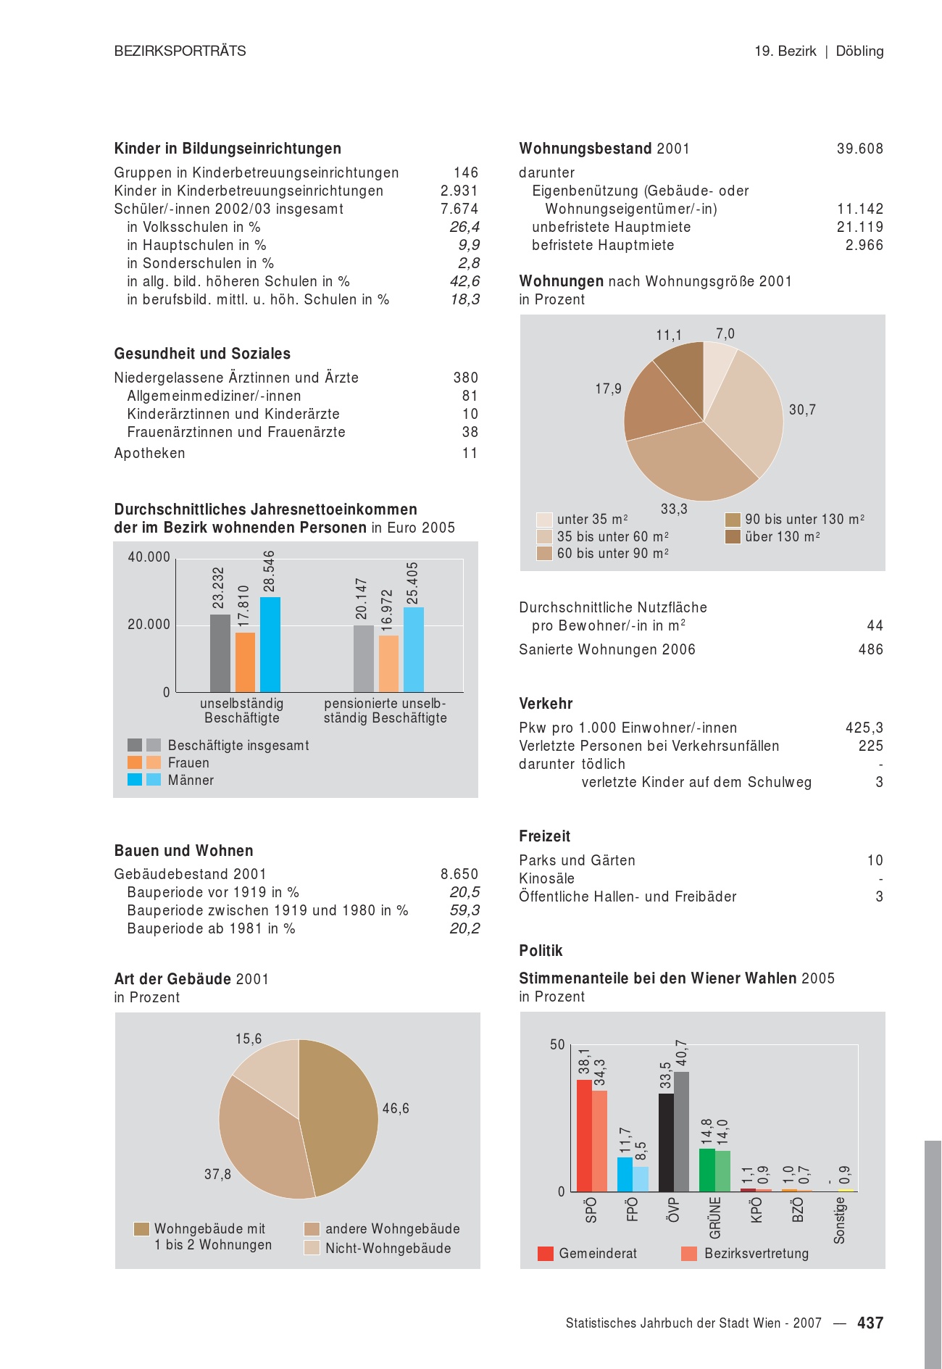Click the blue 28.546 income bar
coord(270,644)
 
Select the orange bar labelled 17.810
coord(245,662)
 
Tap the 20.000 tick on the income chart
coord(149,625)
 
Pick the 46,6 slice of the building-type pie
coord(341,1116)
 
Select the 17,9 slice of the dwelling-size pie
coord(652,406)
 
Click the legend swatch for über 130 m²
coord(733,537)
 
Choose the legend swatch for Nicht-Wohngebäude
coord(312,1248)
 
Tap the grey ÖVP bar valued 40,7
coord(681,1131)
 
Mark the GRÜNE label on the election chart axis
coord(714,1218)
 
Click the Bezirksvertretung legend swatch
coord(689,1254)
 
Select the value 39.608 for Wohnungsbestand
coord(859,149)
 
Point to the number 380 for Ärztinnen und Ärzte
coord(465,378)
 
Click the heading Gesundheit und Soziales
coord(202,354)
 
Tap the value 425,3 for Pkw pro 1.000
coord(864,728)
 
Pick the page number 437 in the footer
coord(870,1323)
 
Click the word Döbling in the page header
coord(859,51)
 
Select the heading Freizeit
coord(544,836)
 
